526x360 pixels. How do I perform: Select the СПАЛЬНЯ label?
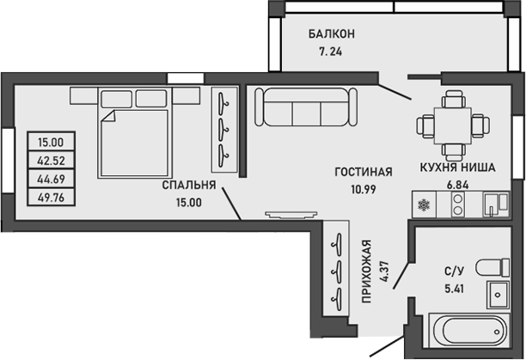coord(189,186)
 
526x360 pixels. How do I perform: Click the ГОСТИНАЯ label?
coord(364,172)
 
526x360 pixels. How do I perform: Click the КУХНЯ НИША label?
coord(456,169)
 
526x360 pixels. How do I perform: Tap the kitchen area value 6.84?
coord(456,185)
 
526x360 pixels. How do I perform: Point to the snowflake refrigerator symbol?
coord(422,205)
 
